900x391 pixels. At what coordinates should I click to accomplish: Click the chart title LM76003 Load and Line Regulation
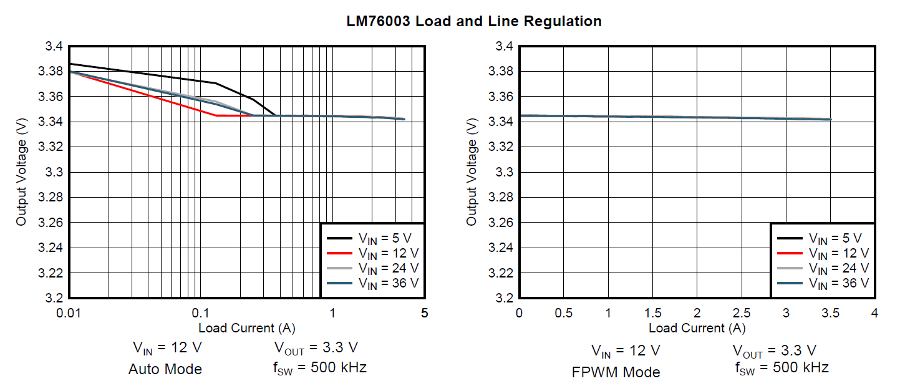tap(474, 21)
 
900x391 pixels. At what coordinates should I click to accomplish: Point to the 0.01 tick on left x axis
tap(69, 312)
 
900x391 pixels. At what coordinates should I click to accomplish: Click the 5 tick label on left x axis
tap(424, 312)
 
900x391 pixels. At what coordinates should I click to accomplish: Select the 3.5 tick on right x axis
tap(830, 312)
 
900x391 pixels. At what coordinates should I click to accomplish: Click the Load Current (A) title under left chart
tap(246, 327)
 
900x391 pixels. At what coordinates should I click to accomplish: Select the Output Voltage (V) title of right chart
tap(472, 171)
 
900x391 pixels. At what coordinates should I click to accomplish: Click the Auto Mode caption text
tap(165, 369)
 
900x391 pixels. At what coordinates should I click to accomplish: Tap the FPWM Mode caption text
tap(616, 372)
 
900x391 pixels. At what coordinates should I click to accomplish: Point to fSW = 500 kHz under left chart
tap(320, 367)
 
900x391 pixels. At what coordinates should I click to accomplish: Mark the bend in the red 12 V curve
tap(216, 115)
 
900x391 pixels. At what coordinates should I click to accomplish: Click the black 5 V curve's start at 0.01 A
tap(69, 64)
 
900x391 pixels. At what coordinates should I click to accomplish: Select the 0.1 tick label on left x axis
tap(200, 312)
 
